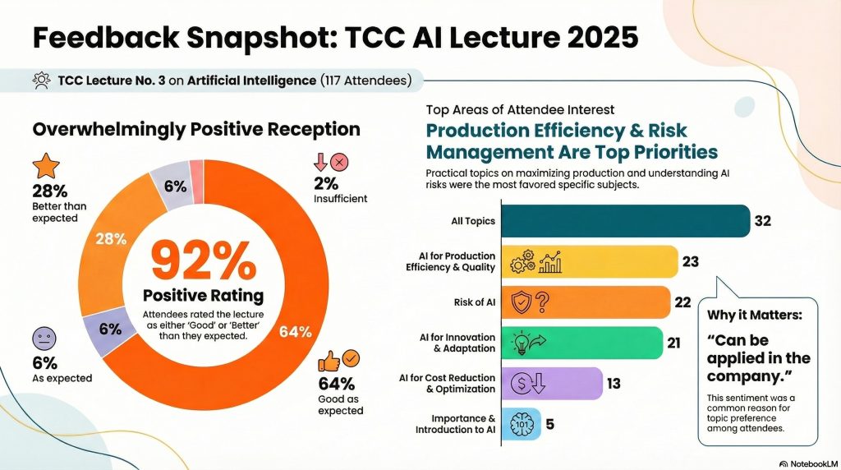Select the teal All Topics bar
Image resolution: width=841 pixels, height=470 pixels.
pos(624,220)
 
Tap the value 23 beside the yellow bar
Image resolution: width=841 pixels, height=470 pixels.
pos(691,261)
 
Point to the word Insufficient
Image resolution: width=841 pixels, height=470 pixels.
pos(340,199)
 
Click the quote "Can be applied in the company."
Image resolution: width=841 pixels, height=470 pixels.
pos(756,358)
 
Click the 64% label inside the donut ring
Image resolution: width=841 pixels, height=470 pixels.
pos(295,332)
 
